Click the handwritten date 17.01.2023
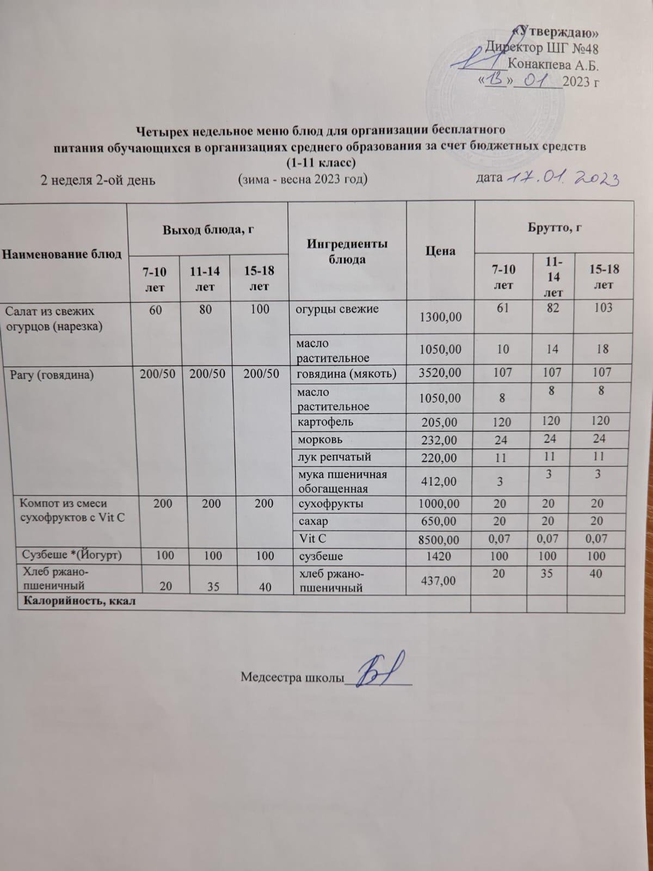(x=563, y=178)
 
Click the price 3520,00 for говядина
(x=440, y=373)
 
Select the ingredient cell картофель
(x=325, y=422)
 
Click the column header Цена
(x=440, y=251)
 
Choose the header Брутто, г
(x=553, y=228)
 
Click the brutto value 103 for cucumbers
(x=602, y=308)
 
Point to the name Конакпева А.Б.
(x=553, y=66)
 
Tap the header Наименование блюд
(x=62, y=254)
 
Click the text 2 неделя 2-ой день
(x=98, y=180)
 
